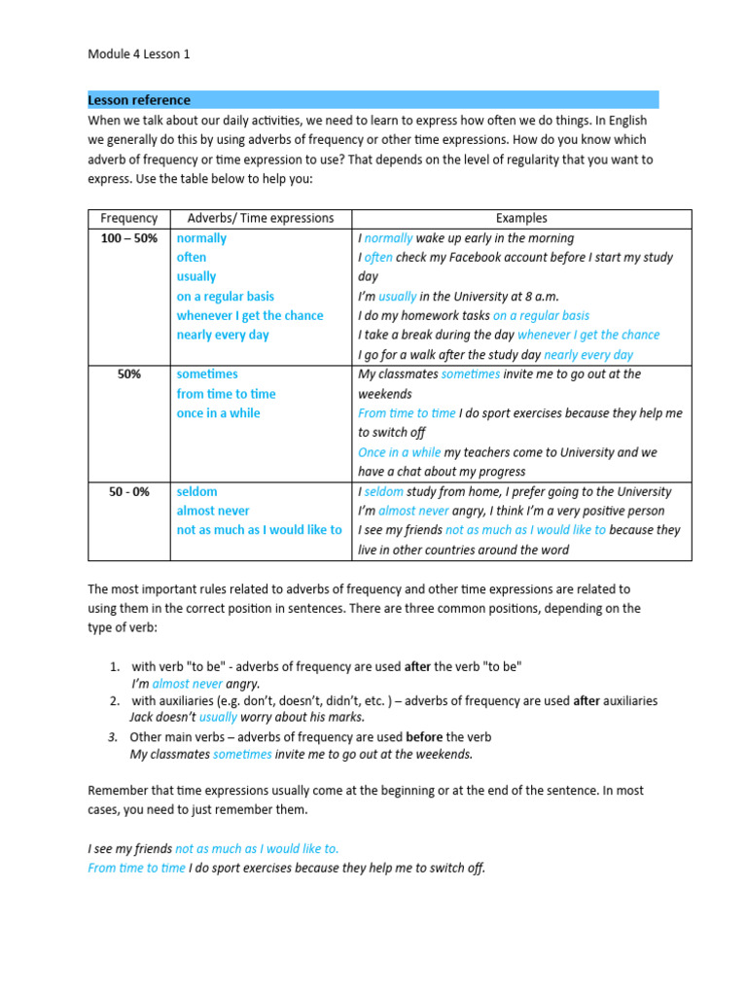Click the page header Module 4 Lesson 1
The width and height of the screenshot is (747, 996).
tap(139, 54)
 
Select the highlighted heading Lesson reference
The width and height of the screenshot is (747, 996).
tap(139, 100)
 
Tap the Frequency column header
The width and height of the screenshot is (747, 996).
tap(128, 219)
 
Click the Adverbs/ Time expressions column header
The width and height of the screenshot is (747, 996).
tap(260, 219)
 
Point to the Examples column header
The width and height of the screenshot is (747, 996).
tap(521, 219)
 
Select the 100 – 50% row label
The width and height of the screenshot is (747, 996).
tap(128, 238)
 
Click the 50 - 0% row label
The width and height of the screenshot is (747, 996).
tap(128, 492)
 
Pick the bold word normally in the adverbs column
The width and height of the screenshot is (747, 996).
tap(201, 238)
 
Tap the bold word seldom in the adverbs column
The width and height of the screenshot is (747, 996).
tap(196, 492)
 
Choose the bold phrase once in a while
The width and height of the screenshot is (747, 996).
tap(218, 413)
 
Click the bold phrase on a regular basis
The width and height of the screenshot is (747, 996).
tap(225, 297)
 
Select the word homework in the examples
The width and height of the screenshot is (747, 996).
tap(423, 316)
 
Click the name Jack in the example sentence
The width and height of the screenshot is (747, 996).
tap(142, 717)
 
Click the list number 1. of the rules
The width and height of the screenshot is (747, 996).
tap(114, 666)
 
